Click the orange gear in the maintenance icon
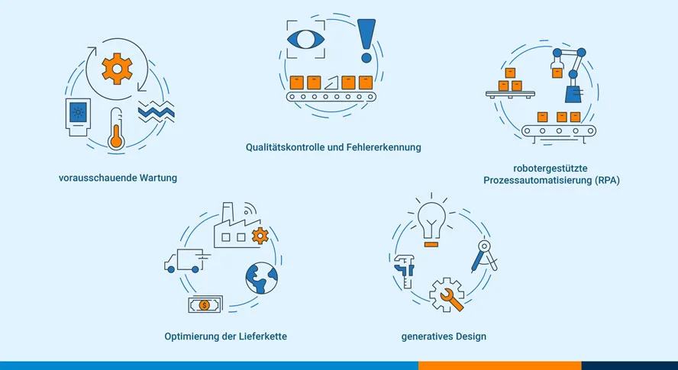tap(117, 69)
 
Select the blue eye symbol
tap(305, 37)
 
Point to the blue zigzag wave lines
tap(156, 112)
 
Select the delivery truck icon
tap(183, 261)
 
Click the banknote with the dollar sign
tap(204, 305)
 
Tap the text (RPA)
tap(602, 181)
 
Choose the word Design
tap(470, 336)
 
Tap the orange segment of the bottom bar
tap(499, 365)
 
